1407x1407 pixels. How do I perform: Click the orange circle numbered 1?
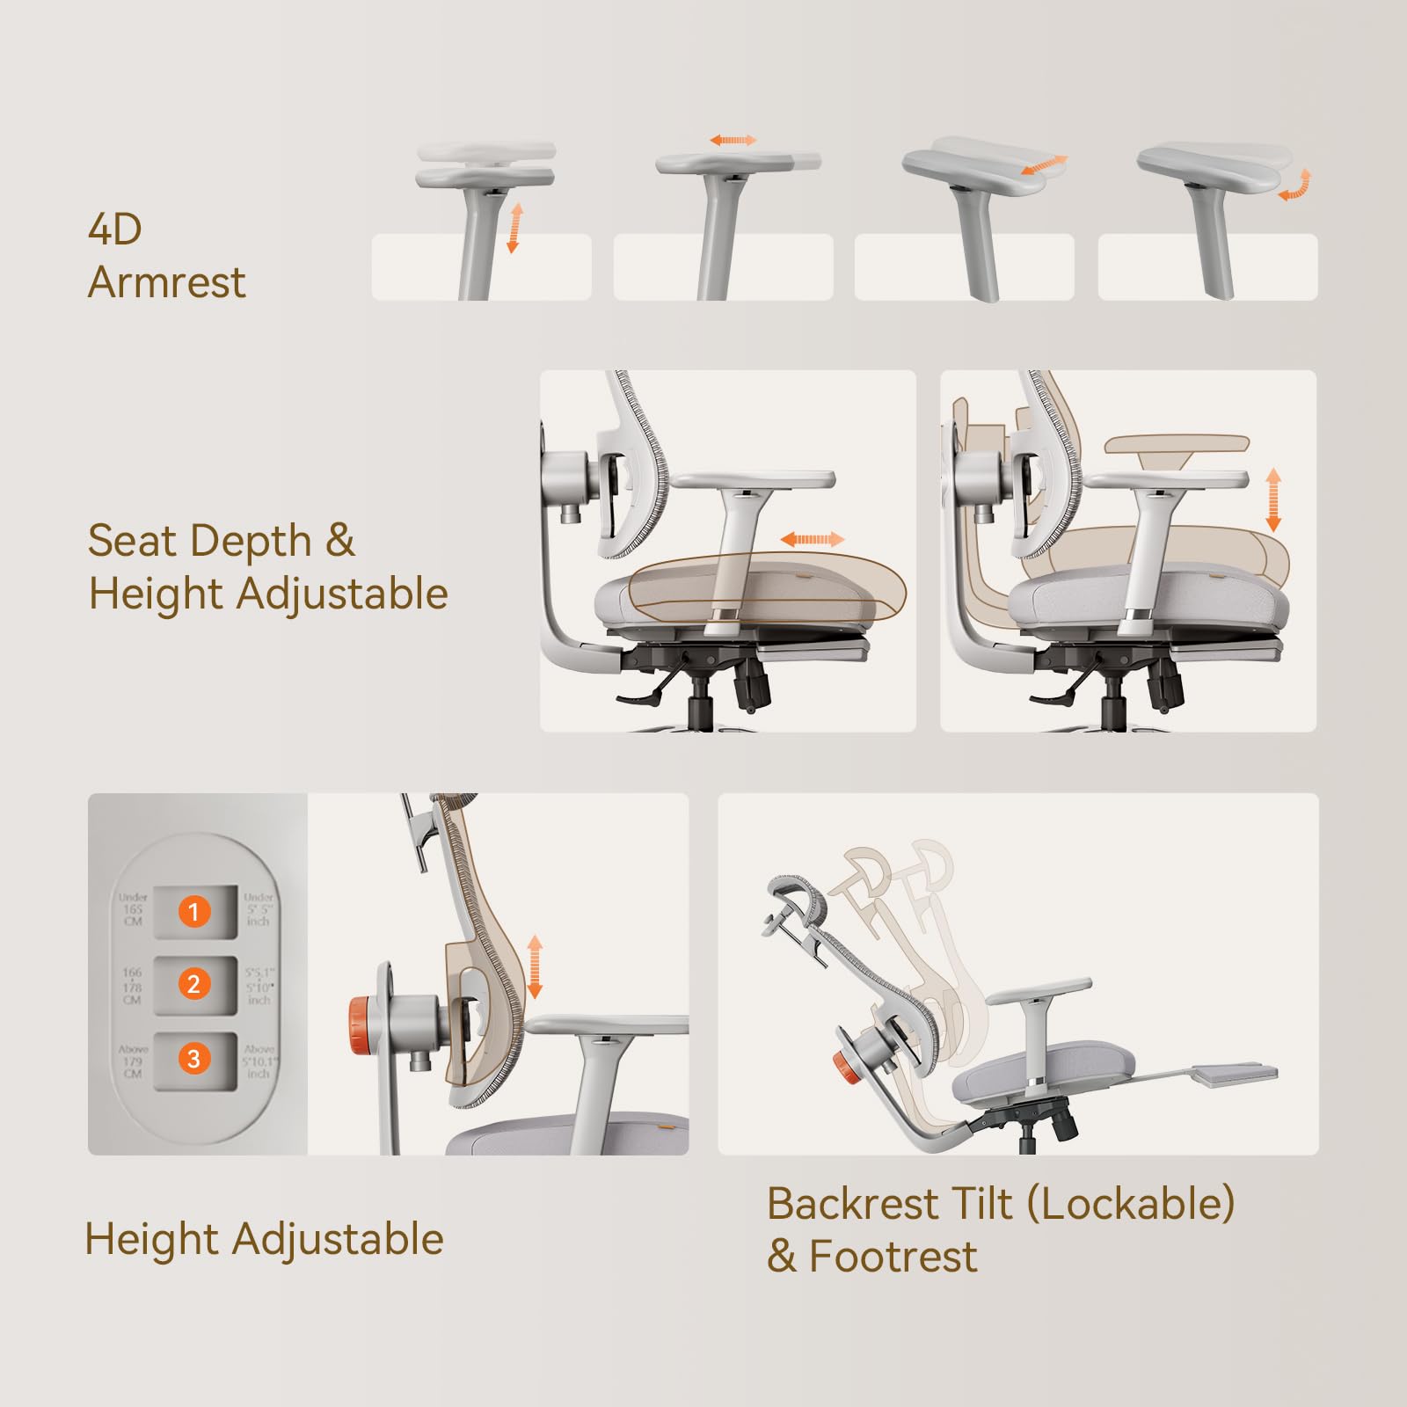pos(194,911)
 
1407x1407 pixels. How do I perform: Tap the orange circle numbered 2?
pos(194,984)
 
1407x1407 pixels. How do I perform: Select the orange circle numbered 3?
pos(194,1059)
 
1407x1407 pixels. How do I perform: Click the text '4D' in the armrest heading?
pos(115,230)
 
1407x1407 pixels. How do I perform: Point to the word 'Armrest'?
pos(167,283)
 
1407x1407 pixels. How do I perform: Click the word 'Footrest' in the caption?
pos(893,1257)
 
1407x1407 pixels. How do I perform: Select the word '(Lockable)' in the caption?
pos(1131,1204)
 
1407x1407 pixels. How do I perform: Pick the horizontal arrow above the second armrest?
pos(733,141)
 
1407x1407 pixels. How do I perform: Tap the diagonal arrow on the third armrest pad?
pos(1044,165)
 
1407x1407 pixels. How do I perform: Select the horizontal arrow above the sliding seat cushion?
pos(812,539)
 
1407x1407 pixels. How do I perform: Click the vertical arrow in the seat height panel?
pos(1272,499)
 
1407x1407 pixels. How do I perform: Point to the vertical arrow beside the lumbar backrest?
pos(534,967)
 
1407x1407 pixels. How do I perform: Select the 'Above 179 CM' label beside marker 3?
pos(133,1061)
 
